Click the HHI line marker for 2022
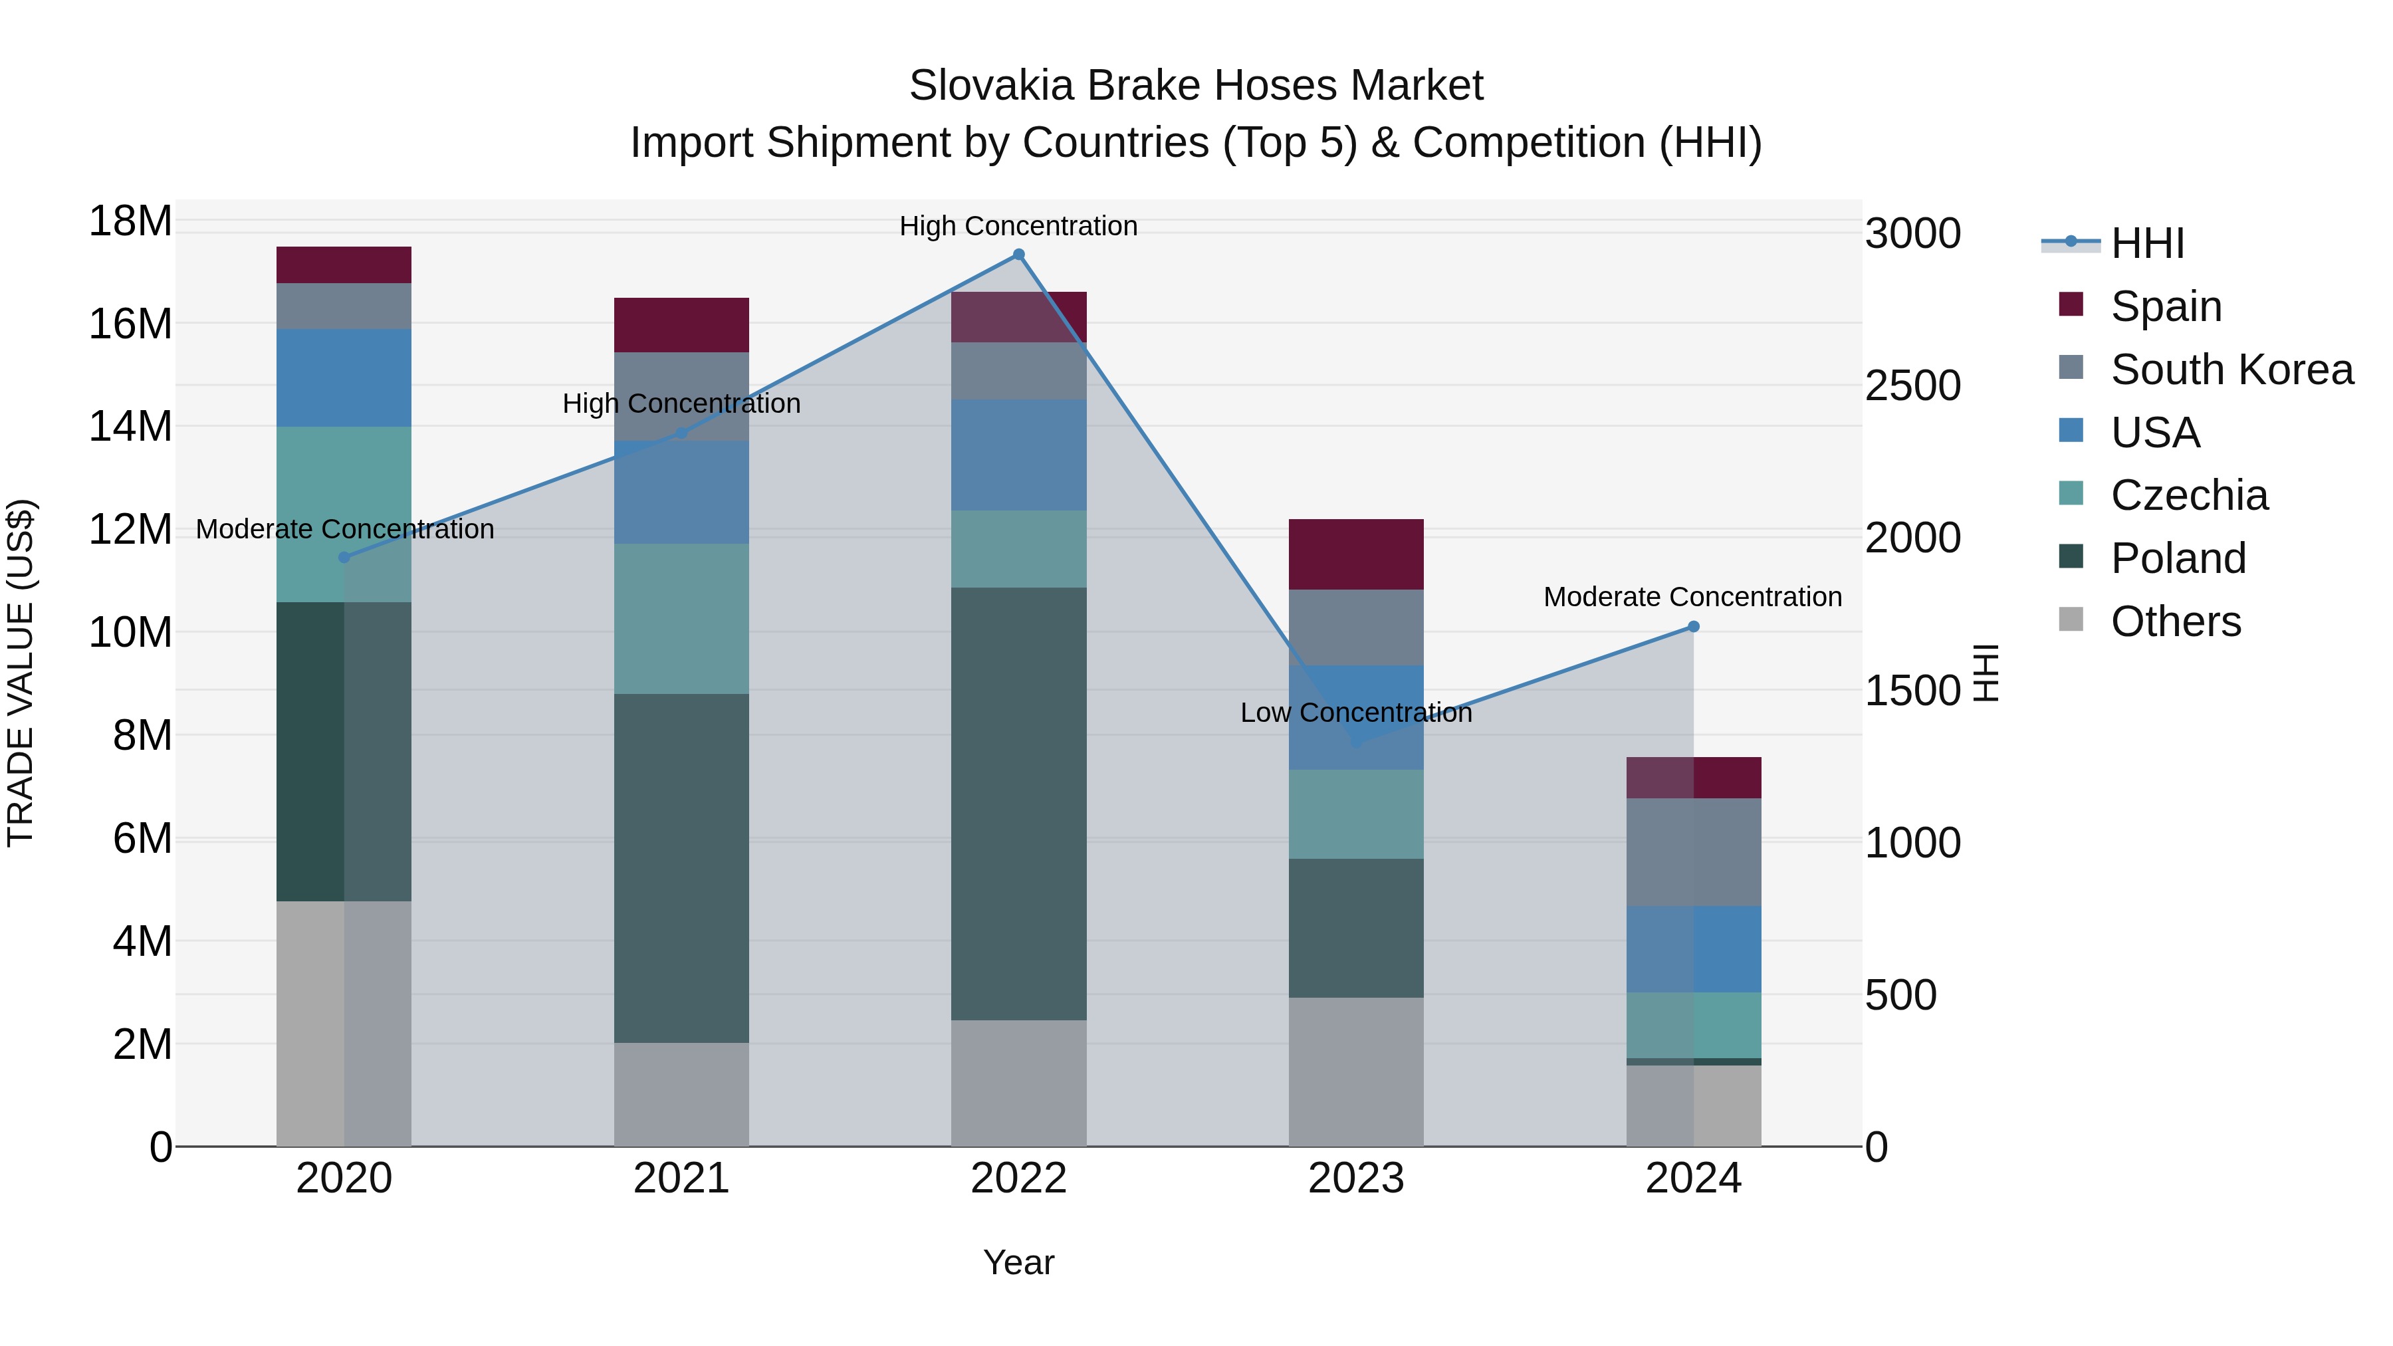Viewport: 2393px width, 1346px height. tap(1018, 255)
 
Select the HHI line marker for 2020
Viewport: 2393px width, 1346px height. tap(344, 558)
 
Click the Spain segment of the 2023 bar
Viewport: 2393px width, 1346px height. tap(1355, 554)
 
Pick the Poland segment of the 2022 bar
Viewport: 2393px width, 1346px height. tap(1018, 804)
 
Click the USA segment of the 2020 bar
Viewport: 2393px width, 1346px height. tap(344, 378)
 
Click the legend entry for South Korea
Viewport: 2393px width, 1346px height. tap(2231, 370)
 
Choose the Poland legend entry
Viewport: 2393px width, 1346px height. tap(2178, 558)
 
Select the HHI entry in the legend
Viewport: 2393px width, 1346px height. tap(2147, 243)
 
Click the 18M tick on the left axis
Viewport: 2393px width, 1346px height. tap(130, 221)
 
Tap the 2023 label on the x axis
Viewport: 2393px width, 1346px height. tap(1355, 1178)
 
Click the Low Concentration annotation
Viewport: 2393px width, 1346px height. tap(1355, 713)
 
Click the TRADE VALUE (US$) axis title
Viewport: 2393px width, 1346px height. tap(21, 673)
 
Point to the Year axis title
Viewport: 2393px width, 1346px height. tap(1018, 1262)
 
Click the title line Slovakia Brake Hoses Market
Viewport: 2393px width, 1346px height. tap(1196, 86)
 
